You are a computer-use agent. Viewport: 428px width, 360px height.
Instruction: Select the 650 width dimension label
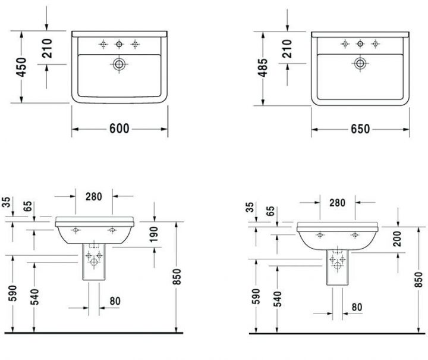tap(360, 129)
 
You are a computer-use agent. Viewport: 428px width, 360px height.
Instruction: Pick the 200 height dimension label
tap(397, 239)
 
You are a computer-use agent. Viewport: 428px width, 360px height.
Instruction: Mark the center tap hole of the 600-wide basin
tap(119, 43)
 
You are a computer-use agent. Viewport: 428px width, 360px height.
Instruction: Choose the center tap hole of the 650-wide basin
tap(360, 43)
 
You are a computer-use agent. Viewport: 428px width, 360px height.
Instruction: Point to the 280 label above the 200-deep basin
tap(336, 202)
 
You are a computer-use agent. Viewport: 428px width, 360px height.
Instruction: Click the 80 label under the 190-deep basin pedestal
tap(114, 301)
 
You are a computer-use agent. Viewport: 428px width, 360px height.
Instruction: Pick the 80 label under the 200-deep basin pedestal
tap(356, 307)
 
